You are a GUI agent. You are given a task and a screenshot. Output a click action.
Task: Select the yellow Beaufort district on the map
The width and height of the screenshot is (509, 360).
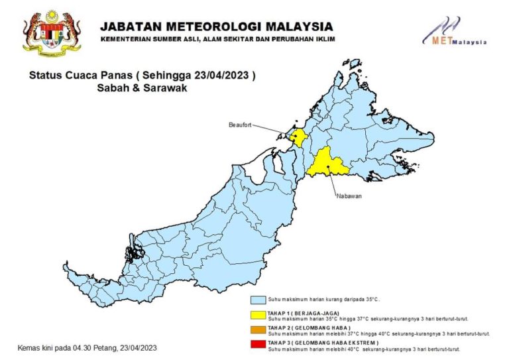tap(300, 138)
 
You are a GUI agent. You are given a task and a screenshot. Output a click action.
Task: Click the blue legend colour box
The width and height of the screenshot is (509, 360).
tap(258, 299)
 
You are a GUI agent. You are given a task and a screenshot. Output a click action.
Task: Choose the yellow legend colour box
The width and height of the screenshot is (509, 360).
tap(258, 314)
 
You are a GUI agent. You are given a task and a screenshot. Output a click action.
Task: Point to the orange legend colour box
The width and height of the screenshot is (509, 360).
tap(258, 329)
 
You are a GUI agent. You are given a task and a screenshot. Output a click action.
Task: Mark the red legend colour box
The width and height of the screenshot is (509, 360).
tap(258, 343)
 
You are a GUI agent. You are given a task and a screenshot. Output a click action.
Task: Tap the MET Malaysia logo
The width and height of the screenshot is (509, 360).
tap(455, 32)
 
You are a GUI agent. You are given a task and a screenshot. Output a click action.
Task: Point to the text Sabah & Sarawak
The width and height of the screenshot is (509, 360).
tap(138, 88)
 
